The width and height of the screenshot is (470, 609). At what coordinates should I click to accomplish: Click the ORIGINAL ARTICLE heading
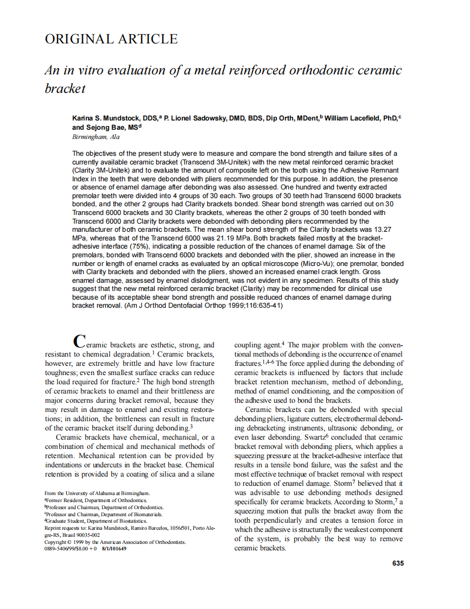pos(111,39)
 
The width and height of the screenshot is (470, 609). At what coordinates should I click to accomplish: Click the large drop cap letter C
pos(79,342)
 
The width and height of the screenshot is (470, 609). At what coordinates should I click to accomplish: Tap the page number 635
pos(398,563)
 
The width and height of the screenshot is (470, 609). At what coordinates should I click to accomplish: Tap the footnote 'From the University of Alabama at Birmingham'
pos(97,493)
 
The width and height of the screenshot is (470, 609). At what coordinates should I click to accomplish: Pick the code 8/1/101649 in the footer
pos(113,548)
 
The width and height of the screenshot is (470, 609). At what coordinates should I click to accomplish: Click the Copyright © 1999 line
pos(115,542)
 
